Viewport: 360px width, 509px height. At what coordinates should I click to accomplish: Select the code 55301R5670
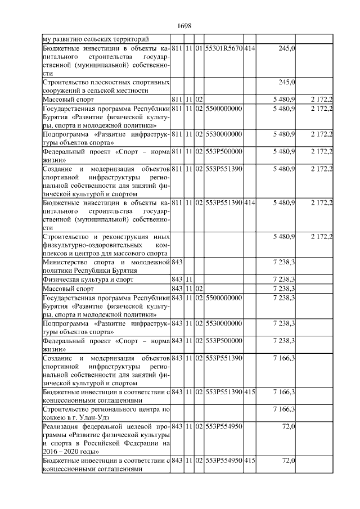click(x=223, y=49)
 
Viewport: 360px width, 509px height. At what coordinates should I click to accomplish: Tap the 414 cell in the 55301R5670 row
click(x=250, y=49)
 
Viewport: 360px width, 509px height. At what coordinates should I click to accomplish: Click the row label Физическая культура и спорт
click(x=82, y=280)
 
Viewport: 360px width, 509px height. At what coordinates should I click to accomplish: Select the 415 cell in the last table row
click(x=250, y=461)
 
